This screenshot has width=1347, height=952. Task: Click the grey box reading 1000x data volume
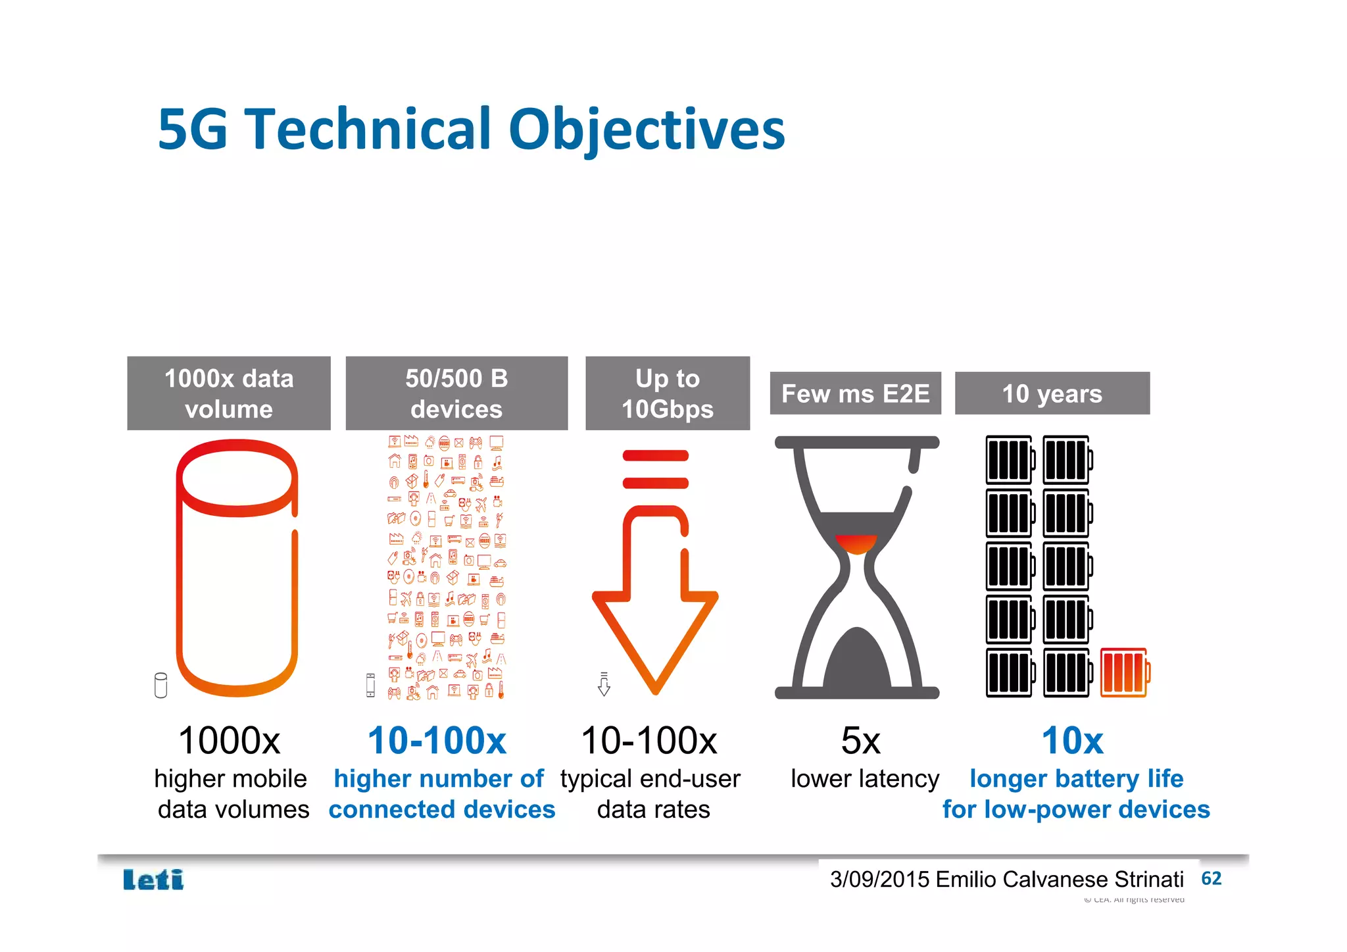[x=228, y=393]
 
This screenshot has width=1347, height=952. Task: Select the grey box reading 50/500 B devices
[x=456, y=393]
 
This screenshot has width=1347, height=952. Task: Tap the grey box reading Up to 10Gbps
[x=667, y=393]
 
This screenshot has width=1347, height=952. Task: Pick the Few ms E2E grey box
[x=855, y=393]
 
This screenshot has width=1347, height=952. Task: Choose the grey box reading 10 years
[x=1052, y=393]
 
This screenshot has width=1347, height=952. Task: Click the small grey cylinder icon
[x=160, y=685]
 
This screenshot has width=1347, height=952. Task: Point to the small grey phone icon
[x=370, y=685]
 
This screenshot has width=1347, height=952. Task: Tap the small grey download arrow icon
[x=604, y=684]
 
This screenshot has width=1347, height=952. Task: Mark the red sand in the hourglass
[x=856, y=544]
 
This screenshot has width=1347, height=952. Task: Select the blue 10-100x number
[x=437, y=741]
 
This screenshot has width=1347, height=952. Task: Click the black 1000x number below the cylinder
[x=229, y=741]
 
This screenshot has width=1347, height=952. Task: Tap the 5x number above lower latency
[x=860, y=741]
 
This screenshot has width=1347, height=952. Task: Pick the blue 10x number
[x=1072, y=741]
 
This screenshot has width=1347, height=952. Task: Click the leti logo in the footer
[x=153, y=880]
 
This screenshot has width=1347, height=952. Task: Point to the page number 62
[x=1211, y=878]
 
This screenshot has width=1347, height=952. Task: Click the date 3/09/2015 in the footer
[x=879, y=880]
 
